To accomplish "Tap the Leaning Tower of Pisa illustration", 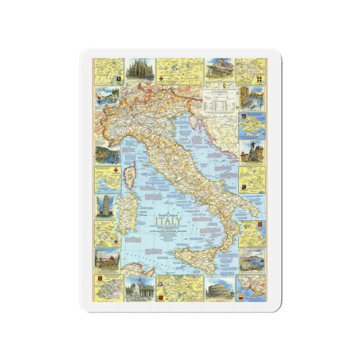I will coord(106,207).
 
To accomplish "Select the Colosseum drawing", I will coord(220,289).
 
